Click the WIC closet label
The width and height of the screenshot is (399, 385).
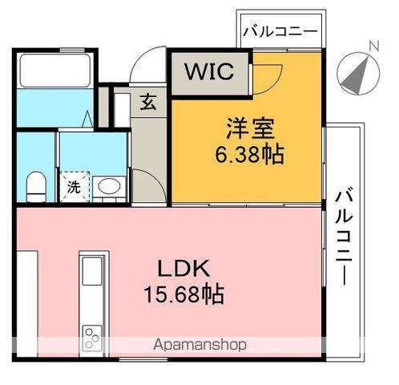click(x=209, y=71)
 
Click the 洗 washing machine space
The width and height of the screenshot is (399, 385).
click(x=74, y=188)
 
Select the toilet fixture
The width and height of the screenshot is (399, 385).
click(x=34, y=188)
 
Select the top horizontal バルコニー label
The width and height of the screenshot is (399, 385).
click(x=279, y=32)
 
